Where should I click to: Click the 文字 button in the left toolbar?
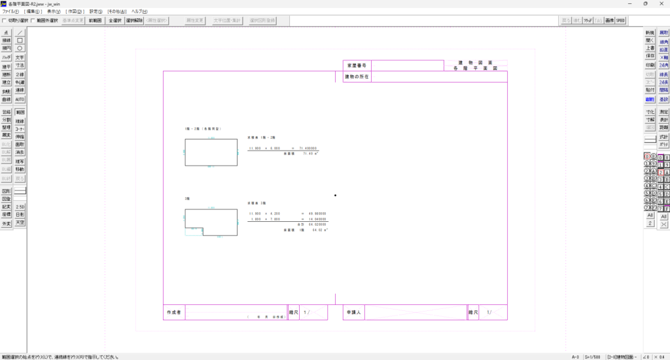(20, 58)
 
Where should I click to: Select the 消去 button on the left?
(20, 153)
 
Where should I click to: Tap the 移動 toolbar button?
(20, 170)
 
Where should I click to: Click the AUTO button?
(20, 99)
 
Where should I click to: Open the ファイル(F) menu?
(10, 12)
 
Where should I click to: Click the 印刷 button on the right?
(650, 65)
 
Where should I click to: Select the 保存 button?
(650, 56)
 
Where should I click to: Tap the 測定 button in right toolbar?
(664, 112)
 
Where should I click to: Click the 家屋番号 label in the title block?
(358, 65)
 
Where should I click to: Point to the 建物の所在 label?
(357, 77)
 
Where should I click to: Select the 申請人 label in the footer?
(354, 313)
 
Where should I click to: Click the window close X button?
(661, 4)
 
